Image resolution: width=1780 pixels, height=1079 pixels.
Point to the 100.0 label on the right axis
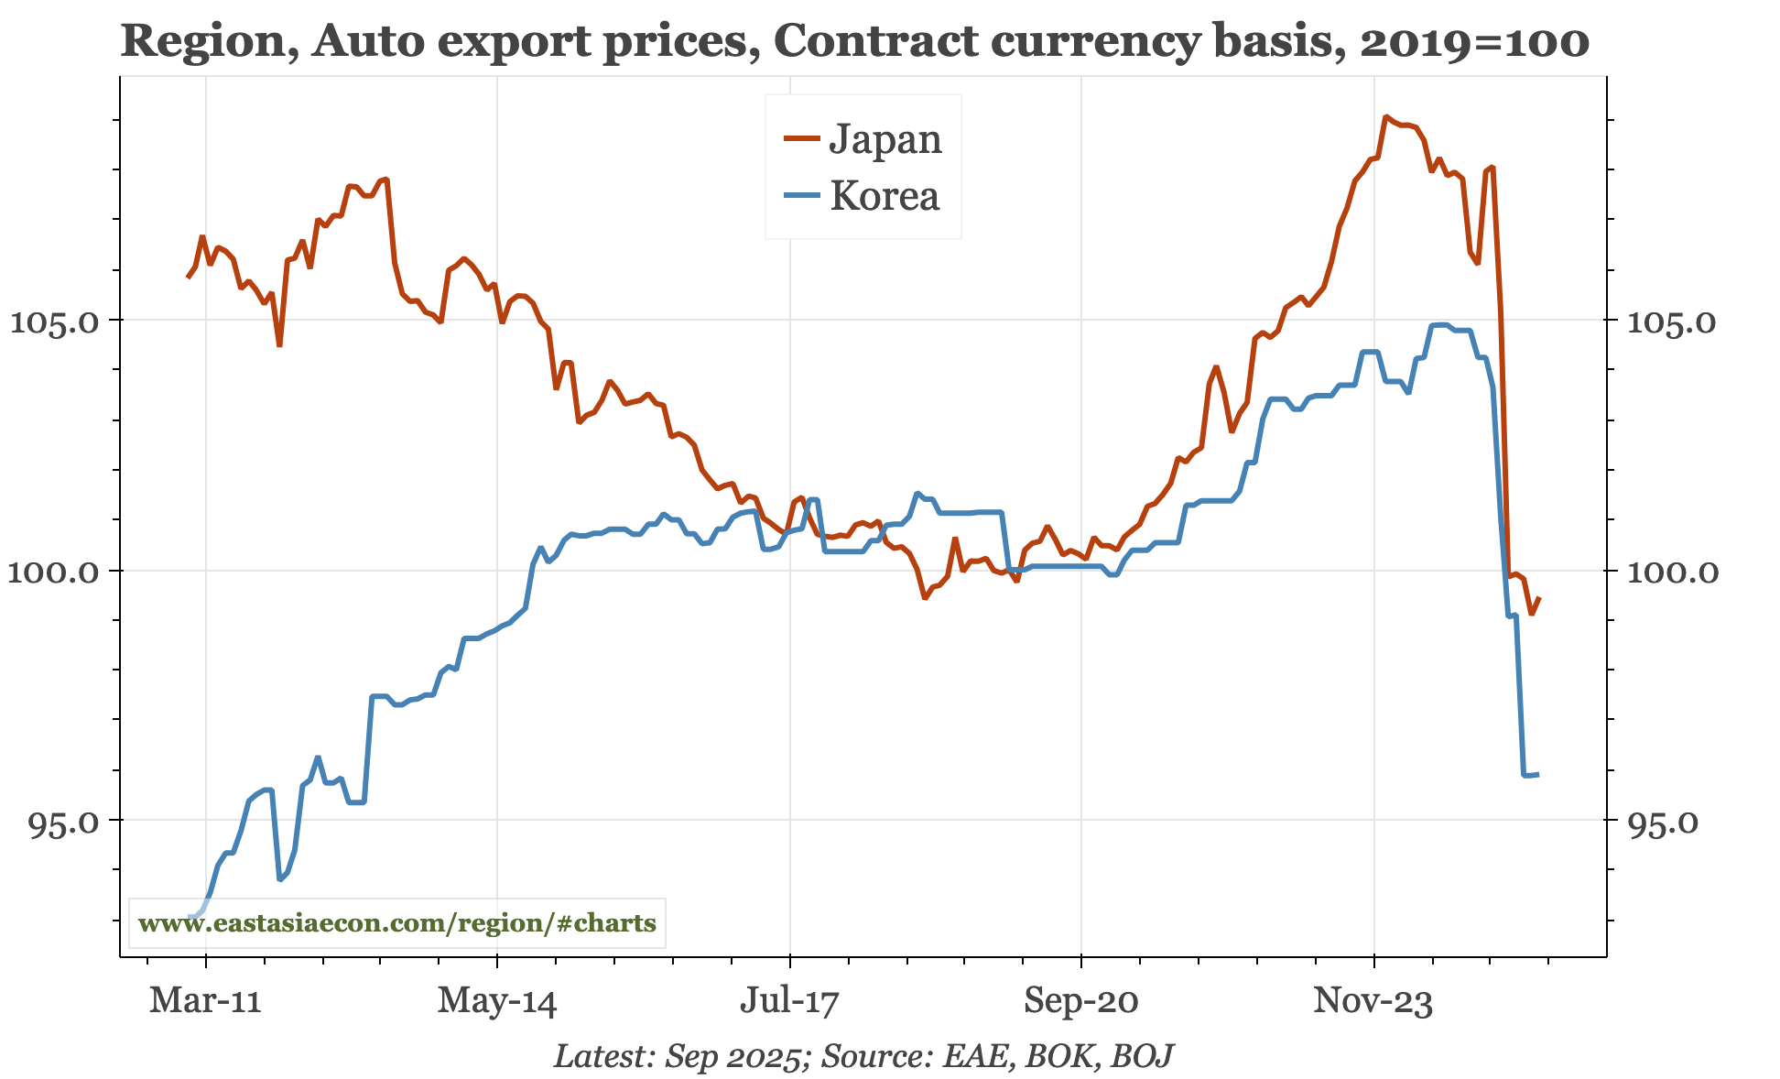pyautogui.click(x=1672, y=572)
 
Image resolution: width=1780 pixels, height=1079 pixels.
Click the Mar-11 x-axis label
pyautogui.click(x=205, y=1000)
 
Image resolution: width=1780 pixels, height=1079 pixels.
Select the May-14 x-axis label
pyautogui.click(x=496, y=1000)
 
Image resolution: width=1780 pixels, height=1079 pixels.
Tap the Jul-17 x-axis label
pyautogui.click(x=788, y=1000)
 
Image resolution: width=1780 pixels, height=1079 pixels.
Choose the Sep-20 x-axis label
pyautogui.click(x=1080, y=1000)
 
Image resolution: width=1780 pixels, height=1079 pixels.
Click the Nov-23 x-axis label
pyautogui.click(x=1373, y=1000)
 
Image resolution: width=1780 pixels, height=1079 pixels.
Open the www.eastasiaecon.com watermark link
pyautogui.click(x=396, y=922)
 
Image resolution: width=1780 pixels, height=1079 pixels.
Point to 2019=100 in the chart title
pyautogui.click(x=1473, y=42)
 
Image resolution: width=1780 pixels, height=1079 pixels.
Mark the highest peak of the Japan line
pyautogui.click(x=1386, y=117)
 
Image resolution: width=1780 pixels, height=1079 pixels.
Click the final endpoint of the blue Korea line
pyautogui.click(x=1538, y=775)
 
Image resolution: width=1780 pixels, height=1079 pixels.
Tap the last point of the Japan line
pyautogui.click(x=1539, y=598)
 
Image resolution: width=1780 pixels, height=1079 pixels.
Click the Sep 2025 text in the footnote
pyautogui.click(x=733, y=1056)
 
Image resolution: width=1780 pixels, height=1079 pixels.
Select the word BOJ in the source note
pyautogui.click(x=1142, y=1056)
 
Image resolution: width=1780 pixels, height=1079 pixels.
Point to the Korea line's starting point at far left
pyautogui.click(x=190, y=917)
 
